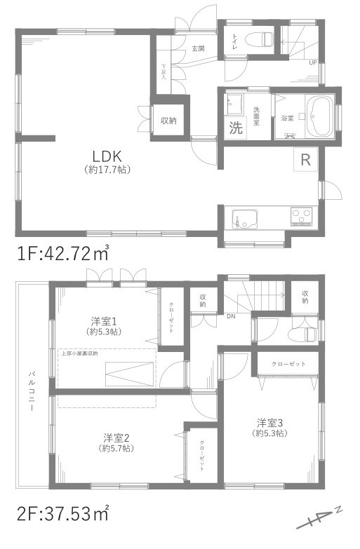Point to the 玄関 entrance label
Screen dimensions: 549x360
point(199,48)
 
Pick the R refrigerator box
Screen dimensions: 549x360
point(305,160)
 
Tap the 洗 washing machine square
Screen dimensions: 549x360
point(235,128)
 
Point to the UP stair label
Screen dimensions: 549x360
point(312,63)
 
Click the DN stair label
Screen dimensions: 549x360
point(231,316)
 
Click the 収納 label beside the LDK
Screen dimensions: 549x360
point(168,121)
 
